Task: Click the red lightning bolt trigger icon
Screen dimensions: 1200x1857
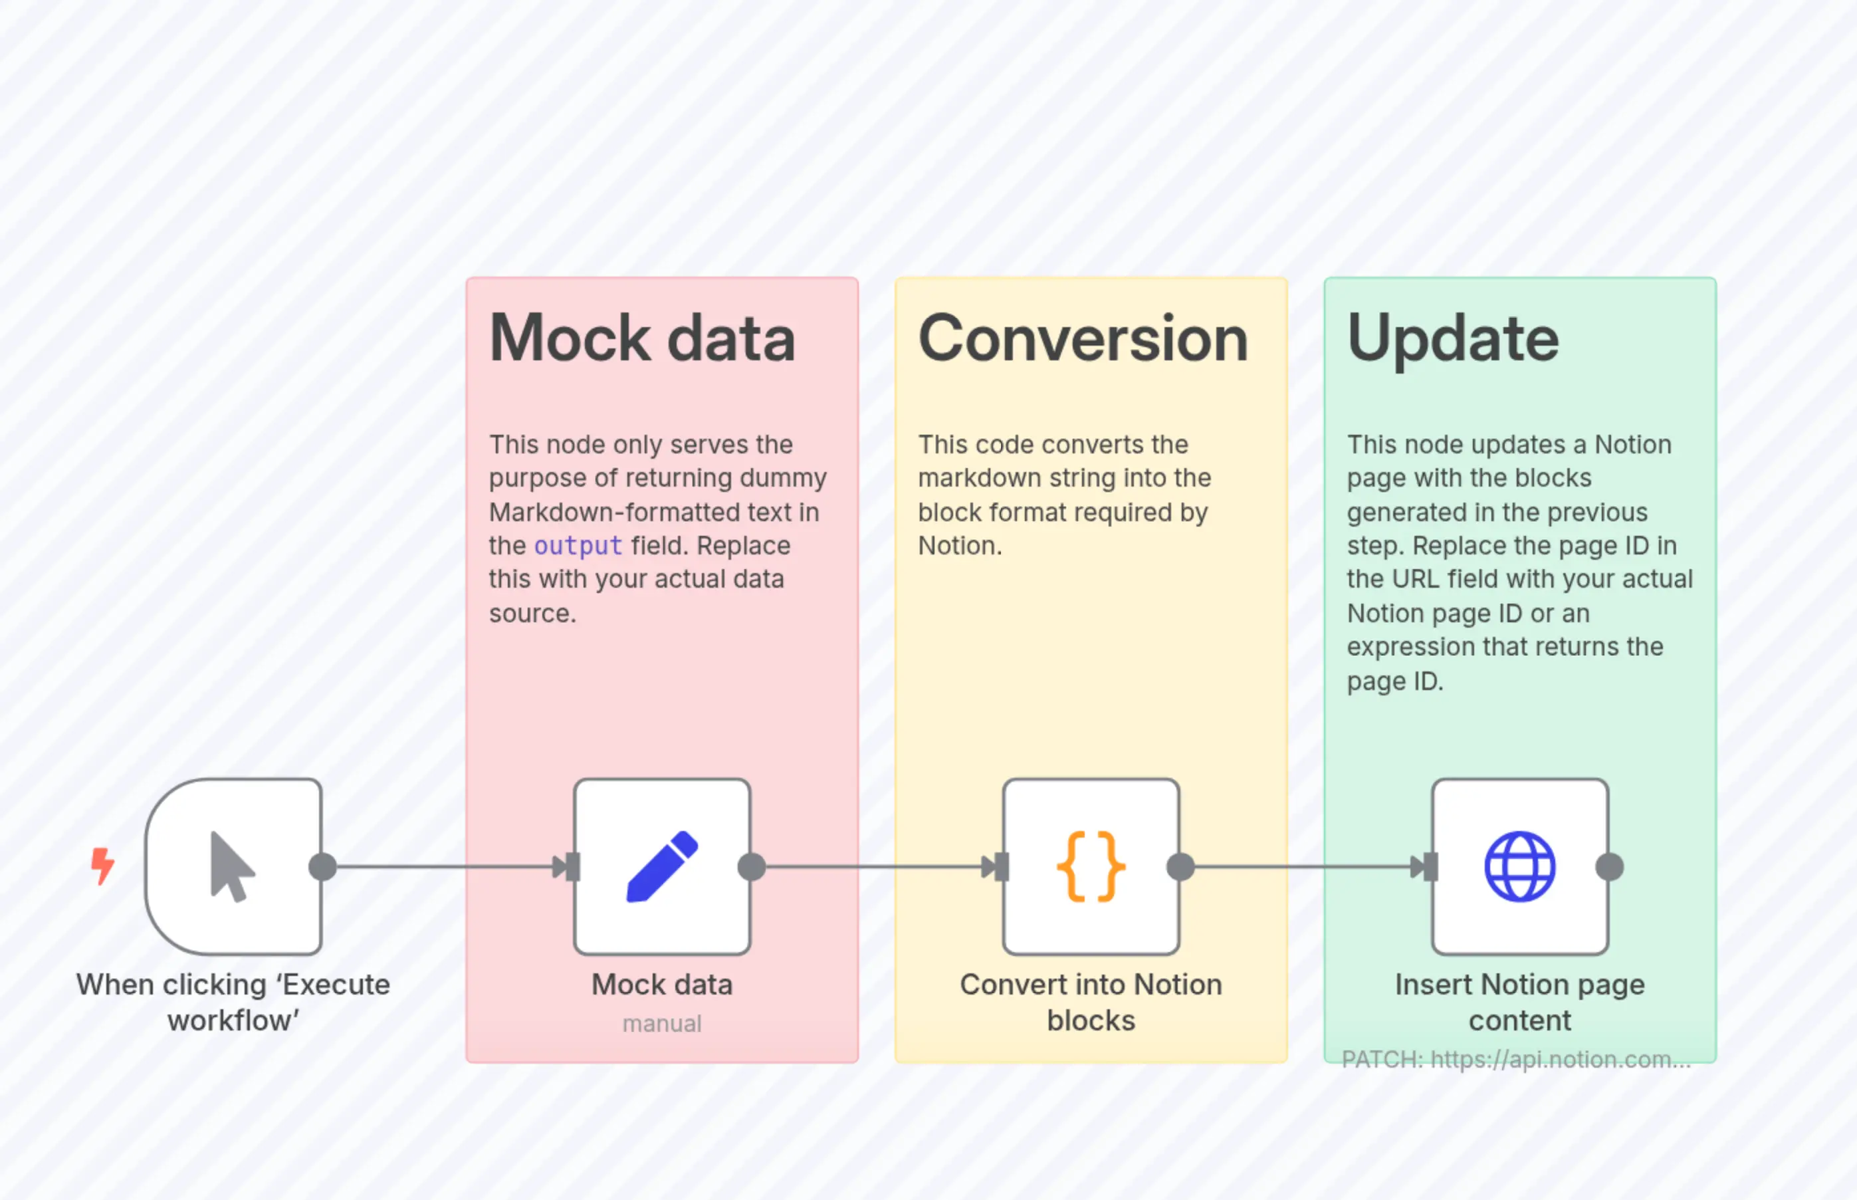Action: coord(102,866)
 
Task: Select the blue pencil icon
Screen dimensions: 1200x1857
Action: coord(662,866)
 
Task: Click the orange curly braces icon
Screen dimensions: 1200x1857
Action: coord(1091,866)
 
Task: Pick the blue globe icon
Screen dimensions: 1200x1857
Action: coord(1520,866)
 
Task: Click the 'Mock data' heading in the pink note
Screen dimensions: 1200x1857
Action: coord(642,338)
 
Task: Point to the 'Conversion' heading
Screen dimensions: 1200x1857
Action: coord(1083,338)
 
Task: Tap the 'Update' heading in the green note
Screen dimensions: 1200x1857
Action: coord(1453,338)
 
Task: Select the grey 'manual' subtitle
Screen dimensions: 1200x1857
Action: coord(662,1023)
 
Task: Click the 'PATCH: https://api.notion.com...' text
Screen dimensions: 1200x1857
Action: coord(1516,1059)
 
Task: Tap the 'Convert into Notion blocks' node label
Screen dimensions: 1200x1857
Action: coord(1091,1002)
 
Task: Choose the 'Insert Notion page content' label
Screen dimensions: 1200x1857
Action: coord(1520,1002)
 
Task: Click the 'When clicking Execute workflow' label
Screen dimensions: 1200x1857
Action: coord(233,1002)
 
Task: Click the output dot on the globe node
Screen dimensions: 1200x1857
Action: coord(1609,866)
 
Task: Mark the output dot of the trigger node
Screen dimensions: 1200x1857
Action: coord(322,866)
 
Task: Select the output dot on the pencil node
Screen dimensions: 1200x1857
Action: coord(752,866)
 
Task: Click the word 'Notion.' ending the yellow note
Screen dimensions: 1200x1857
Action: coord(960,545)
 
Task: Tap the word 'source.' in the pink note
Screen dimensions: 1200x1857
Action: coord(532,613)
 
